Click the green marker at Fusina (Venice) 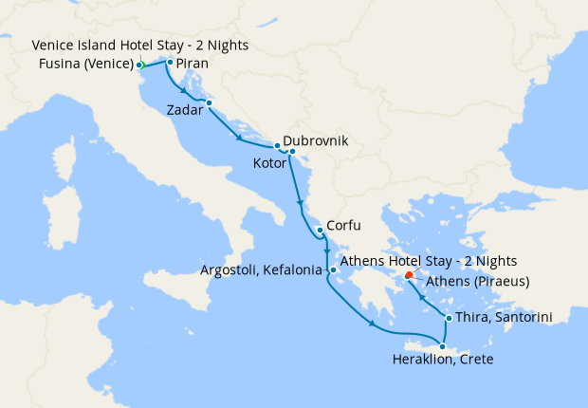[139, 65]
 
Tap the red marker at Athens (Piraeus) [409, 276]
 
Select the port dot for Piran [169, 63]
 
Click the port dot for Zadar [209, 102]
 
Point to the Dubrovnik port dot [276, 146]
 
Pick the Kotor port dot [292, 152]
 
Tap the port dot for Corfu [321, 229]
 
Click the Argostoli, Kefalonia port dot [333, 270]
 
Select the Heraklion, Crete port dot [442, 346]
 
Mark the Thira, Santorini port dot [448, 317]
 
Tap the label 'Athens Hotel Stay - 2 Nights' [428, 261]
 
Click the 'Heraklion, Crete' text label [444, 361]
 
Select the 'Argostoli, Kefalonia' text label [263, 271]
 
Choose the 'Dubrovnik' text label [316, 140]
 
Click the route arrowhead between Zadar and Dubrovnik [239, 139]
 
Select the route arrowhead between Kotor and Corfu [301, 204]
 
